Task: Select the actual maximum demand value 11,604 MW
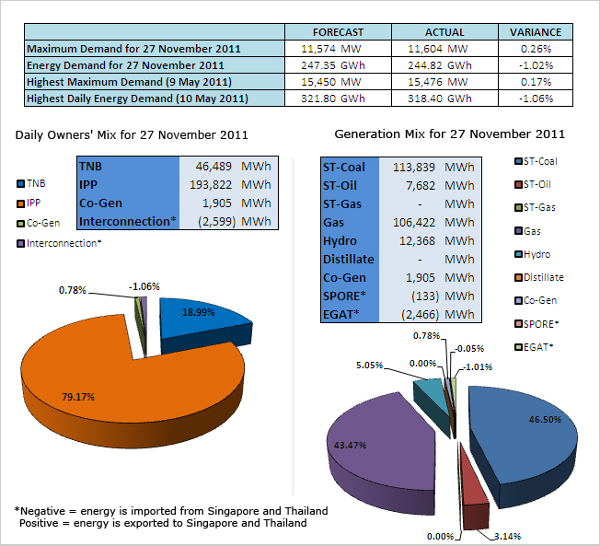click(x=435, y=48)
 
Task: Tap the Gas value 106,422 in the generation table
click(x=411, y=223)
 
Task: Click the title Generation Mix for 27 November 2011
click(x=450, y=134)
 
